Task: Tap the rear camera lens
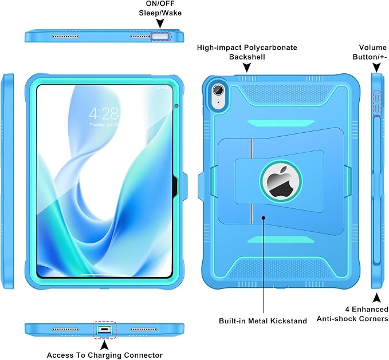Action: tap(218, 89)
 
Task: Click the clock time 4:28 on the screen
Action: tap(104, 114)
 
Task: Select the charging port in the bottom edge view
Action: tap(104, 330)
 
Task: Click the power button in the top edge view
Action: tap(161, 37)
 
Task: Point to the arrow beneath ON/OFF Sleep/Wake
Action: tap(160, 23)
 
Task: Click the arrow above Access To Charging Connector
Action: tap(105, 345)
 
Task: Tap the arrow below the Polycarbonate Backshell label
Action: tap(246, 68)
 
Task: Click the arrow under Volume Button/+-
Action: tap(376, 68)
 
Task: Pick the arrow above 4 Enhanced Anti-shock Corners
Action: tap(377, 298)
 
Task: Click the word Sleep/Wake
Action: tap(160, 13)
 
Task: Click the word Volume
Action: tap(372, 48)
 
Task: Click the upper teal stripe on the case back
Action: tap(281, 123)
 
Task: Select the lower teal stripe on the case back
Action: tap(281, 239)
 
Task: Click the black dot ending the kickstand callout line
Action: tap(264, 218)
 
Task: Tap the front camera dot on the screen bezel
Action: tap(176, 106)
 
